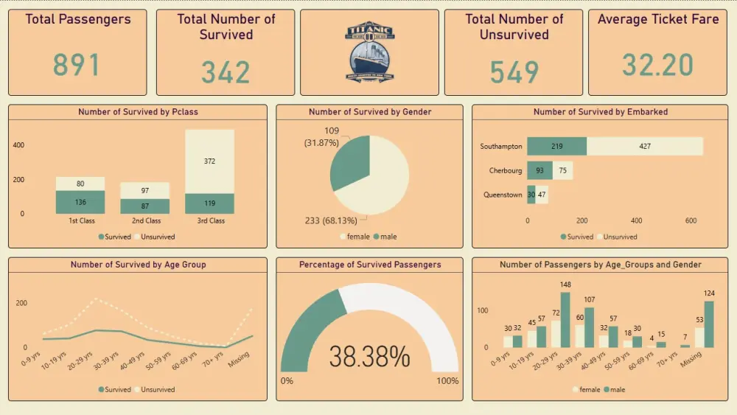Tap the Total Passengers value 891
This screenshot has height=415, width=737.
(x=76, y=65)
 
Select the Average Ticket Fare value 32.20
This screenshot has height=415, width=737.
(x=657, y=65)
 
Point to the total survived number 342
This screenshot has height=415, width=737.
(x=225, y=72)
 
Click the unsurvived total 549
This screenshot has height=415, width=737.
(x=514, y=72)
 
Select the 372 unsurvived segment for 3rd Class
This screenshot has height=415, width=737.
(x=210, y=161)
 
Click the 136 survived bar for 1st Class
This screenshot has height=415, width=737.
(x=81, y=202)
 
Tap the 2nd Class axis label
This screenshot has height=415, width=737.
(x=146, y=221)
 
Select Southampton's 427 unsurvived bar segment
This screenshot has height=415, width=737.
(x=644, y=146)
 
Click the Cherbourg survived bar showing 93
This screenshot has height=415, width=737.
(x=539, y=171)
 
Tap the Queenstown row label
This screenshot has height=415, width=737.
(x=503, y=195)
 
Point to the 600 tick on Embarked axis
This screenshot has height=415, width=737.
(x=691, y=220)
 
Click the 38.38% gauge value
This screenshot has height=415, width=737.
(x=369, y=358)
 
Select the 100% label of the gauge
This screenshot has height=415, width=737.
(x=447, y=381)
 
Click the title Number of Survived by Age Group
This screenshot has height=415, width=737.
(x=138, y=265)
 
